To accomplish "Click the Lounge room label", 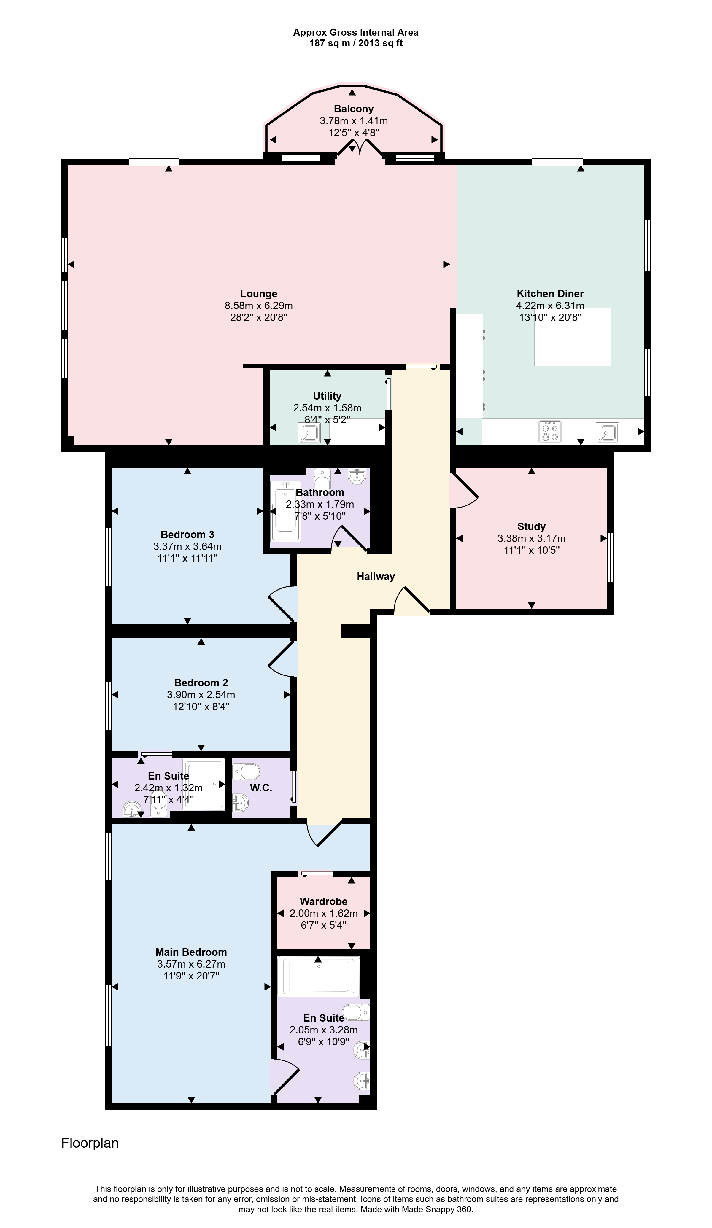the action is point(258,294).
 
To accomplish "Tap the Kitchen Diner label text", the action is point(550,294).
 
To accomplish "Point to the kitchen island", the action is point(573,337).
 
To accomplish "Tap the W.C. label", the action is point(261,788).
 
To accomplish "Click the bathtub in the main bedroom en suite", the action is point(318,976).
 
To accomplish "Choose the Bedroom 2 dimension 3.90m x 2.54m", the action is point(201,695).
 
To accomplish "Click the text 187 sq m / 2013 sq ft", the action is point(356,43).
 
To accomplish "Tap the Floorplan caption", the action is point(90,1143).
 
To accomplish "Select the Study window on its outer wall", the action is point(610,557).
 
